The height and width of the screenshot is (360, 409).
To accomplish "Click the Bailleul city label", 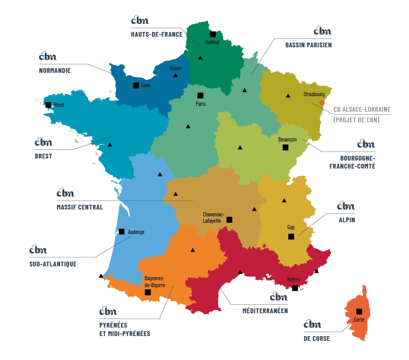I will coord(213,42).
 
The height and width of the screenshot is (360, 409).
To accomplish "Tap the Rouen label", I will coord(176,69).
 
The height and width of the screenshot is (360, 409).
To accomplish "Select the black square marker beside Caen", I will coord(136,86).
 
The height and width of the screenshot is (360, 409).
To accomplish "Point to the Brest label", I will coord(59,105).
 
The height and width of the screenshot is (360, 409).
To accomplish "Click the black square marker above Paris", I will coord(201,96).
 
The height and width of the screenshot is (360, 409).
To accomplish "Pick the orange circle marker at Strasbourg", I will coord(322,103).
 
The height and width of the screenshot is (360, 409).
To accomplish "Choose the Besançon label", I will coord(287,139).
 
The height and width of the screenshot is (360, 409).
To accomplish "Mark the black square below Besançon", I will coord(286,147).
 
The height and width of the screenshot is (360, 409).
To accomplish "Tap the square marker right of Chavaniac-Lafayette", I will coord(229,220).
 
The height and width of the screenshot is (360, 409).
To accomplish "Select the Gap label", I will coord(291,228).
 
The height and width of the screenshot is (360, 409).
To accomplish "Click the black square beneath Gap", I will coord(291,237).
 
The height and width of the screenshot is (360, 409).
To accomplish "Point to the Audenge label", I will coord(136,232).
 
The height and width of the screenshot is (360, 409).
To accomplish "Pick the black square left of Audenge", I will coord(122,231).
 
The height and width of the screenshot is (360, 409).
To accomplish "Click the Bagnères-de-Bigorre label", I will coord(155,281).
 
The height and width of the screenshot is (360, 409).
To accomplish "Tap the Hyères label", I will coord(294,279).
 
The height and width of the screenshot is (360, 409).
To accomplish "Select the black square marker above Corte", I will coord(360,312).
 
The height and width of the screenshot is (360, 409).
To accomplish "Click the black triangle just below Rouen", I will coord(175,76).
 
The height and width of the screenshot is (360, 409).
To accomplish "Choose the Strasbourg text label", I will coord(314,94).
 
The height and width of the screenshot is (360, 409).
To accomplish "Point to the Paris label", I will coord(201,104).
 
